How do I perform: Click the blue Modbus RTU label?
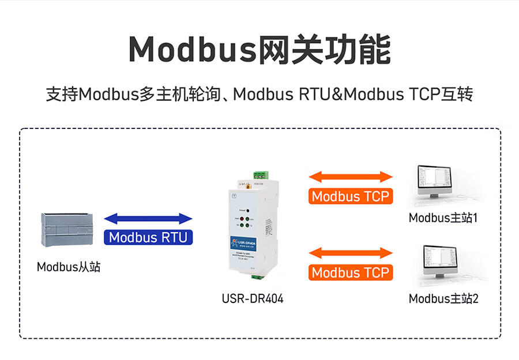[148, 237]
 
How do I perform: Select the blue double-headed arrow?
[148, 218]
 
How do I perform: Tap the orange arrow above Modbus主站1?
[351, 176]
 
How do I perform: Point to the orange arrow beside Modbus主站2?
[351, 252]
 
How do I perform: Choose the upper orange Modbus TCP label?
[351, 196]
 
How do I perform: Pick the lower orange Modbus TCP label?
[351, 272]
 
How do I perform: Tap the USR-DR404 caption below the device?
[253, 299]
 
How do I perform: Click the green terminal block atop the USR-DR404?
[261, 175]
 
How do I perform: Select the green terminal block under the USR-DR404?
[258, 276]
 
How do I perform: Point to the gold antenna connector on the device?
[245, 187]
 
